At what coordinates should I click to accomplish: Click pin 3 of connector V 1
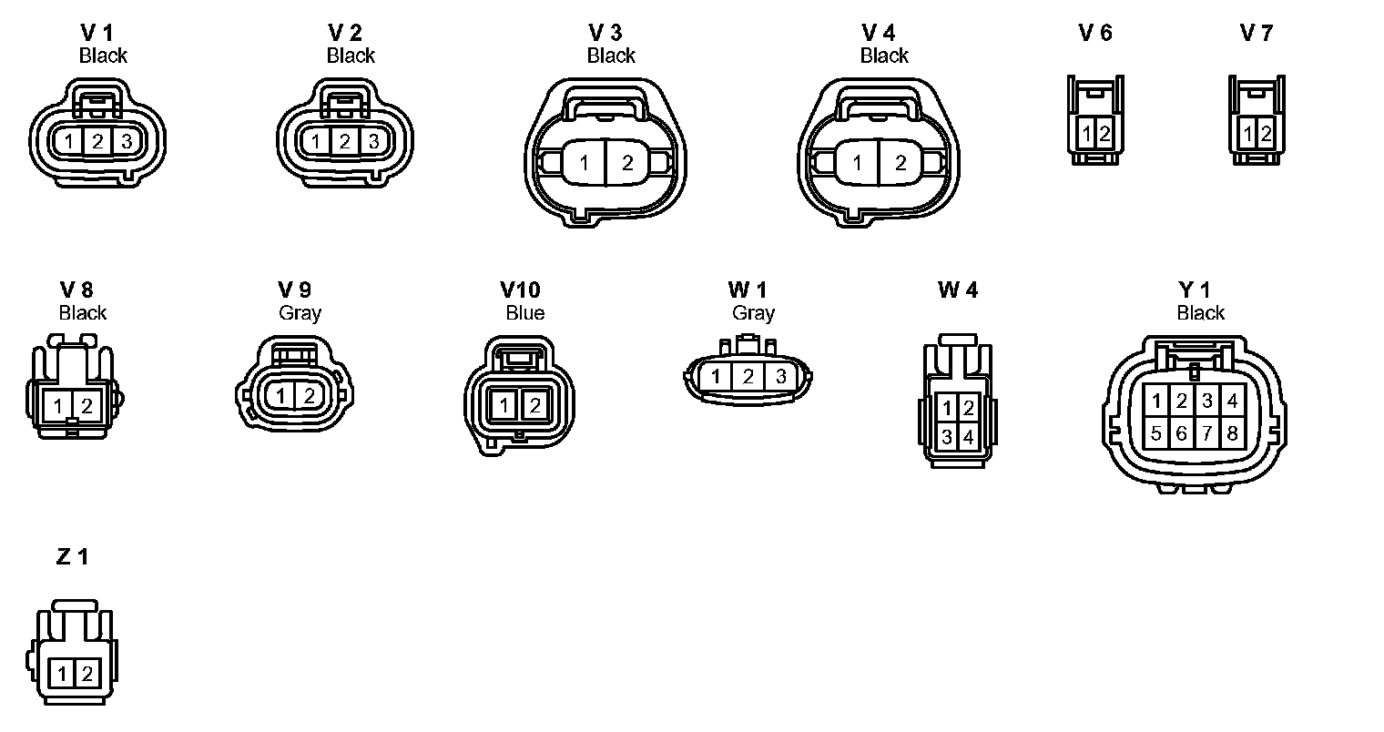(x=127, y=141)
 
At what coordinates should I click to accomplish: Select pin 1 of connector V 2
(x=315, y=141)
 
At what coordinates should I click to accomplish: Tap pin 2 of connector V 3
(x=627, y=164)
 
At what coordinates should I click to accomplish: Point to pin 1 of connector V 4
(x=857, y=164)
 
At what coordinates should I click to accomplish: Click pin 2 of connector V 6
(x=1104, y=134)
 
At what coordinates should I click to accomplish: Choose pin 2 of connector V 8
(x=86, y=406)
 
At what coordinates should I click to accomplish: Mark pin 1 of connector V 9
(x=282, y=396)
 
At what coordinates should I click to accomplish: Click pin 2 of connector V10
(x=534, y=406)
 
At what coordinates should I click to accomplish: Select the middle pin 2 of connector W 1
(x=748, y=376)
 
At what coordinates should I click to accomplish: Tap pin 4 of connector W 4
(x=968, y=437)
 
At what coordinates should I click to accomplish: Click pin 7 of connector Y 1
(x=1206, y=433)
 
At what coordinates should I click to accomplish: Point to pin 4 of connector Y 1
(x=1232, y=401)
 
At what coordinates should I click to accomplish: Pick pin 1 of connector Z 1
(x=61, y=675)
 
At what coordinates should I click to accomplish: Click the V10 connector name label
(x=520, y=290)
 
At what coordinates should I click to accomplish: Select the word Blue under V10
(x=525, y=313)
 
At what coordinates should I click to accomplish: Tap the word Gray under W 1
(x=753, y=313)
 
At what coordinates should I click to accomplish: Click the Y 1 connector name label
(x=1194, y=290)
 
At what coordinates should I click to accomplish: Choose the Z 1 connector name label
(x=73, y=556)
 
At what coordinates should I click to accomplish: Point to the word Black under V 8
(x=83, y=313)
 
